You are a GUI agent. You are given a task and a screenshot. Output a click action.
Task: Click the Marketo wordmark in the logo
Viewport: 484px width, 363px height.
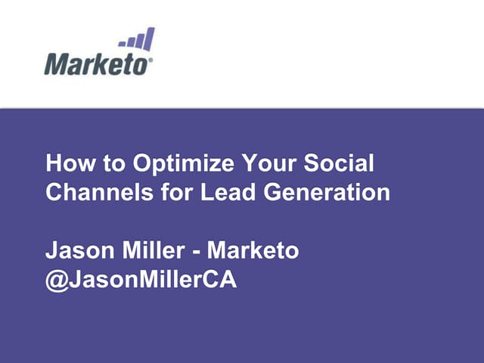tap(98, 64)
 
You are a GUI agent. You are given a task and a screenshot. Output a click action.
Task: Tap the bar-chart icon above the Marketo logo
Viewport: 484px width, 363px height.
tap(137, 39)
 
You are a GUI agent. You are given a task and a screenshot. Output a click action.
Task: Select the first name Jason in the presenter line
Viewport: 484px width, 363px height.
tap(76, 250)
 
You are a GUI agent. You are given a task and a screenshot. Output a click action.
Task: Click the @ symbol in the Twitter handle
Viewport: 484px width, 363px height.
tap(56, 279)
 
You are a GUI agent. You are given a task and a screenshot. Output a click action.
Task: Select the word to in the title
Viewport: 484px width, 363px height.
tap(113, 164)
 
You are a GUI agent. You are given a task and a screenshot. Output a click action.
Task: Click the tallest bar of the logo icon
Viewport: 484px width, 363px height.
tap(150, 39)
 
